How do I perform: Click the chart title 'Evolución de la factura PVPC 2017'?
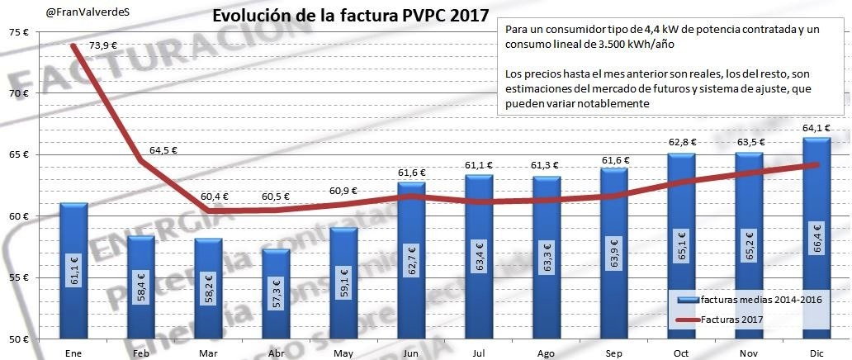[x=350, y=17]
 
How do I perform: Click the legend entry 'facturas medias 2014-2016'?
[x=750, y=299]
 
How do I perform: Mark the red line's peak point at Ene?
[x=73, y=45]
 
